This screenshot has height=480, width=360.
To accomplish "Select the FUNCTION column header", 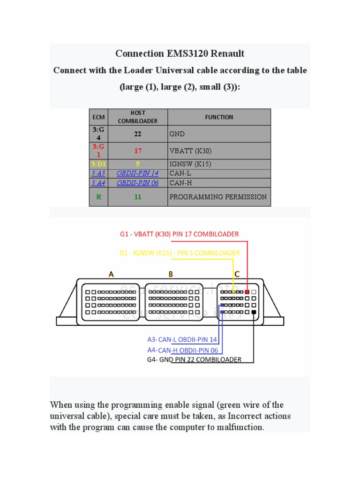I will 219,117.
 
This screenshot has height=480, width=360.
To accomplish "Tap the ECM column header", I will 98,117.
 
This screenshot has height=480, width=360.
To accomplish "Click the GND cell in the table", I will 177,134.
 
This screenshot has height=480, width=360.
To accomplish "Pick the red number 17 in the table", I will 138,151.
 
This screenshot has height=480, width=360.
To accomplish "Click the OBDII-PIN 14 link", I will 138,173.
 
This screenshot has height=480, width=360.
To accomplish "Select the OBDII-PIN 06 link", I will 138,183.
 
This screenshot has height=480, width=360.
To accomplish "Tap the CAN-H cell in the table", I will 179,183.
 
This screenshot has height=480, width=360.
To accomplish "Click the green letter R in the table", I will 98,197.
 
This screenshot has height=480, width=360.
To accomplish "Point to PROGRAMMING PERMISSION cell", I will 218,197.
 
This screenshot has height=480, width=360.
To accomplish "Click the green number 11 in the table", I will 138,197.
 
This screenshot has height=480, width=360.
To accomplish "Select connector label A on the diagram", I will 111,275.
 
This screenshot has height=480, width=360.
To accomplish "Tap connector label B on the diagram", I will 171,275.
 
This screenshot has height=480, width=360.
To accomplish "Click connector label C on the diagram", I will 237,275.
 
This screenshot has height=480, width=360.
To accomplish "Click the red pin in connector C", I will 247,292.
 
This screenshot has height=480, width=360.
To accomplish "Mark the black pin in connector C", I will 254,312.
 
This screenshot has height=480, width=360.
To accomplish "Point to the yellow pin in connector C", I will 233,292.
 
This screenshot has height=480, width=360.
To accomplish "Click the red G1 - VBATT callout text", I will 180,234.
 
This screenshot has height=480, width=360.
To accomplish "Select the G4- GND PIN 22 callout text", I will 194,360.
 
